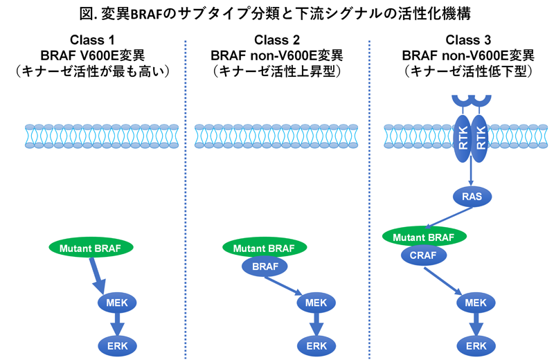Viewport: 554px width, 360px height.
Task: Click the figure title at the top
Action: [277, 13]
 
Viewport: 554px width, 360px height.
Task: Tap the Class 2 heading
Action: [276, 39]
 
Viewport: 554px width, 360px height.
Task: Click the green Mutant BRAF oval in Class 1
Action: [91, 247]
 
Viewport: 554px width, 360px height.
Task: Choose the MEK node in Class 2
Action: [316, 302]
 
